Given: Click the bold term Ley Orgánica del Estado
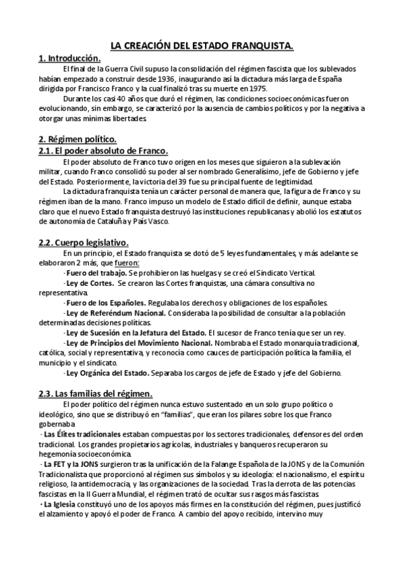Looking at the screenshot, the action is [111, 372].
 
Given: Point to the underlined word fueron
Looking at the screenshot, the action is [127, 262].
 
